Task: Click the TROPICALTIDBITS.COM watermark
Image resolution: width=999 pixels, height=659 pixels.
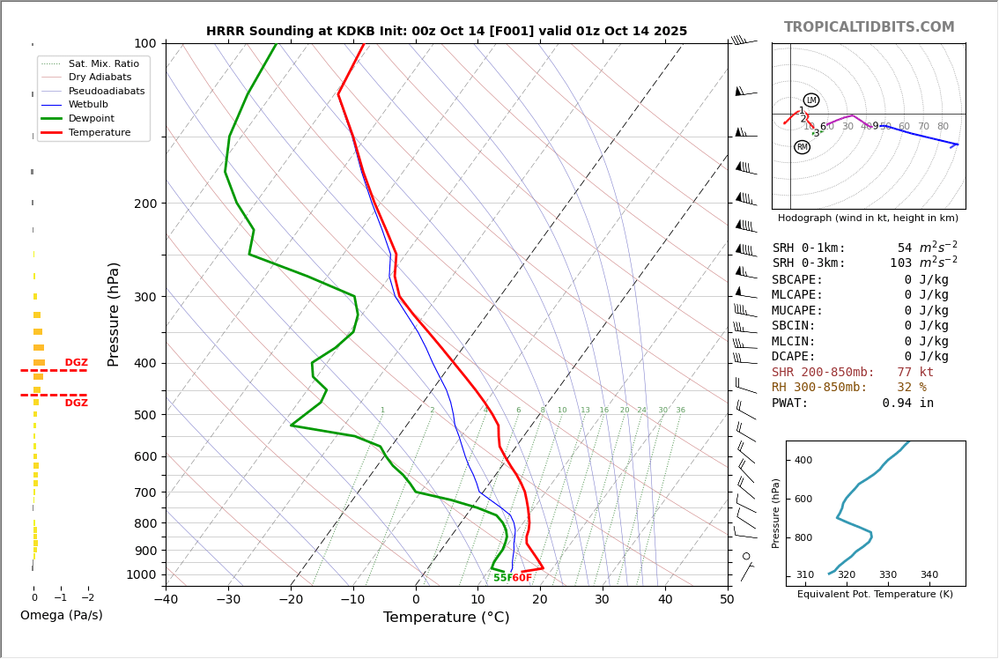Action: coord(869,27)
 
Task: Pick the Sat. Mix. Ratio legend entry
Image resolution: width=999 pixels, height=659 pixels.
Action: coord(103,63)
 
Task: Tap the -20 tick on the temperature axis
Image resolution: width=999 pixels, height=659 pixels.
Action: coord(291,600)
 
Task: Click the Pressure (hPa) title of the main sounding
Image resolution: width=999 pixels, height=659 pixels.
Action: coord(114,314)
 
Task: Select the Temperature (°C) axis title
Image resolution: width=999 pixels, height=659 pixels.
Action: coord(446,618)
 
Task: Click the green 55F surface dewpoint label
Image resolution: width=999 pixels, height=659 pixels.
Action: coord(502,578)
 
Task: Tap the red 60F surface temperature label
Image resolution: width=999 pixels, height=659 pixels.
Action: coord(522,578)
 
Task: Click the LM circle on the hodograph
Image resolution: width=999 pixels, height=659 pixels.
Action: coord(811,100)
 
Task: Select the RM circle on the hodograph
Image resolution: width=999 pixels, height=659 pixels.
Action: coord(802,147)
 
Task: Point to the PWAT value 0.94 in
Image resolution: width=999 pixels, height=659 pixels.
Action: coord(907,404)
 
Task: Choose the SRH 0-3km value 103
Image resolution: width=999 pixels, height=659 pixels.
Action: coord(900,263)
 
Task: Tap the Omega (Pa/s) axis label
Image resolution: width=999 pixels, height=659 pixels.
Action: coord(61,615)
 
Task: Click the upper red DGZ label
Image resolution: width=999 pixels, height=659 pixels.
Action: coord(76,363)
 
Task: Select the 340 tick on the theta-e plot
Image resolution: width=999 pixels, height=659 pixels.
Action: coord(929,575)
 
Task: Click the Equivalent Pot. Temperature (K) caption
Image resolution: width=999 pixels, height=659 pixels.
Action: coord(875,595)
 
